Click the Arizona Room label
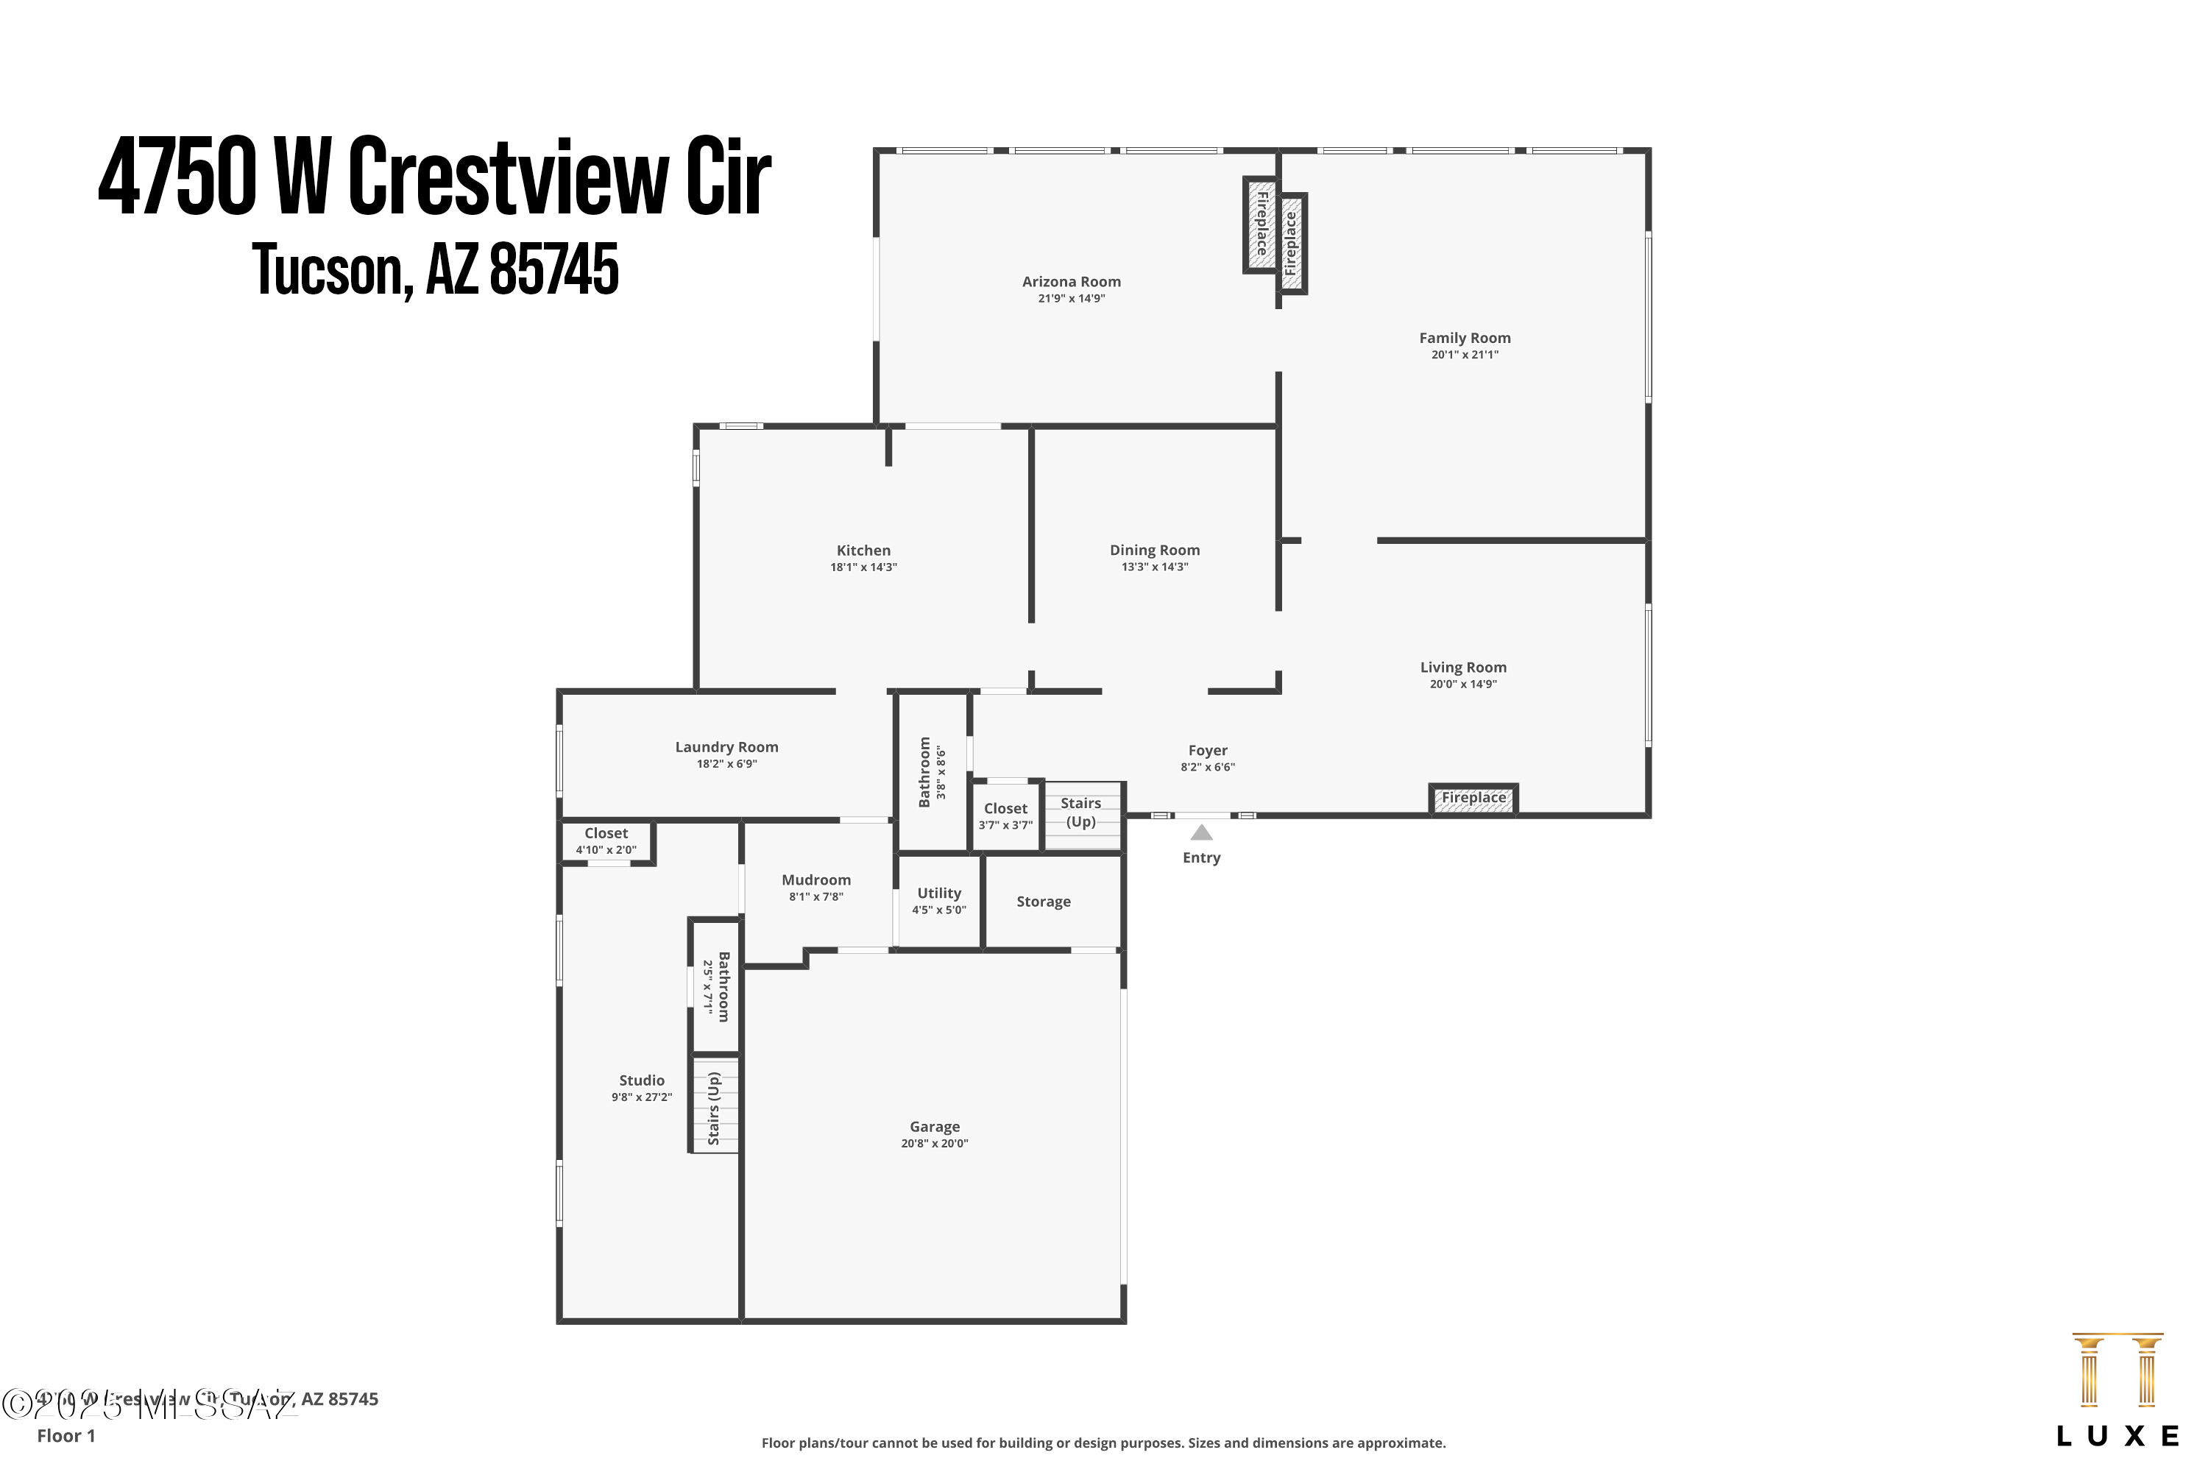coord(1071,282)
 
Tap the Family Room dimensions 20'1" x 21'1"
coord(1465,355)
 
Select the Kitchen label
coord(863,551)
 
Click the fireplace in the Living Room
coord(1473,799)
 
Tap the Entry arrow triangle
coord(1202,832)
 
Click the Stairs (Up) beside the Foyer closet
coord(1081,813)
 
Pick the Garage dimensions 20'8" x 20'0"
coord(934,1144)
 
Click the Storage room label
coord(1043,902)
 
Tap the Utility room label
coord(939,894)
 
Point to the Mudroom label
coord(815,880)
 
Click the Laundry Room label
coord(726,747)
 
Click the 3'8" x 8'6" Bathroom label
coord(924,771)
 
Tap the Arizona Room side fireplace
coord(1261,224)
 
